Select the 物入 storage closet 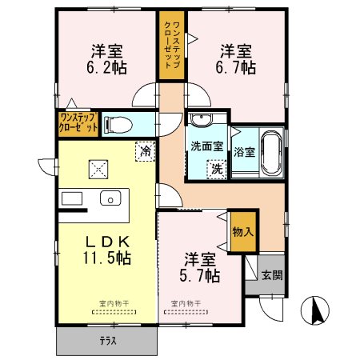(243, 233)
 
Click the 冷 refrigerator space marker (146, 150)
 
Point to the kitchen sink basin (108, 198)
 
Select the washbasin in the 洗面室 (200, 121)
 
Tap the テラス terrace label (107, 342)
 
